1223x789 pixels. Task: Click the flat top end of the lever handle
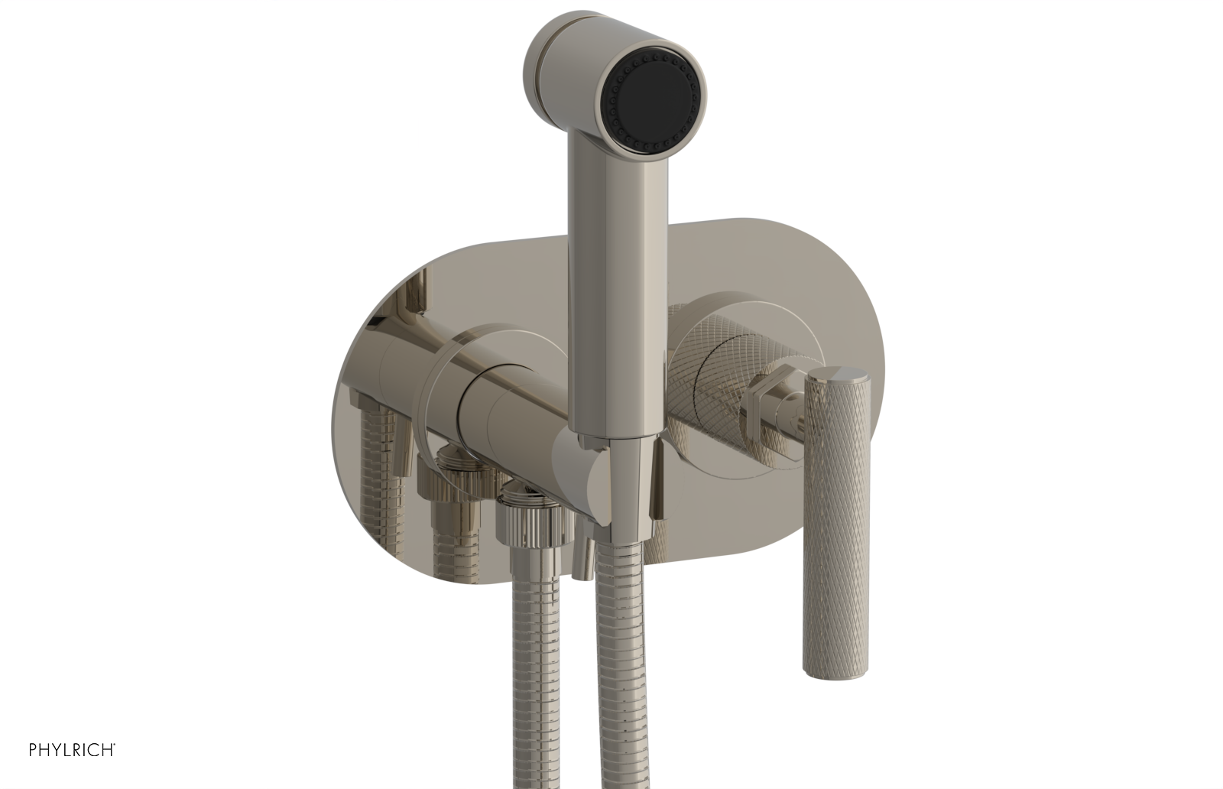(838, 375)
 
